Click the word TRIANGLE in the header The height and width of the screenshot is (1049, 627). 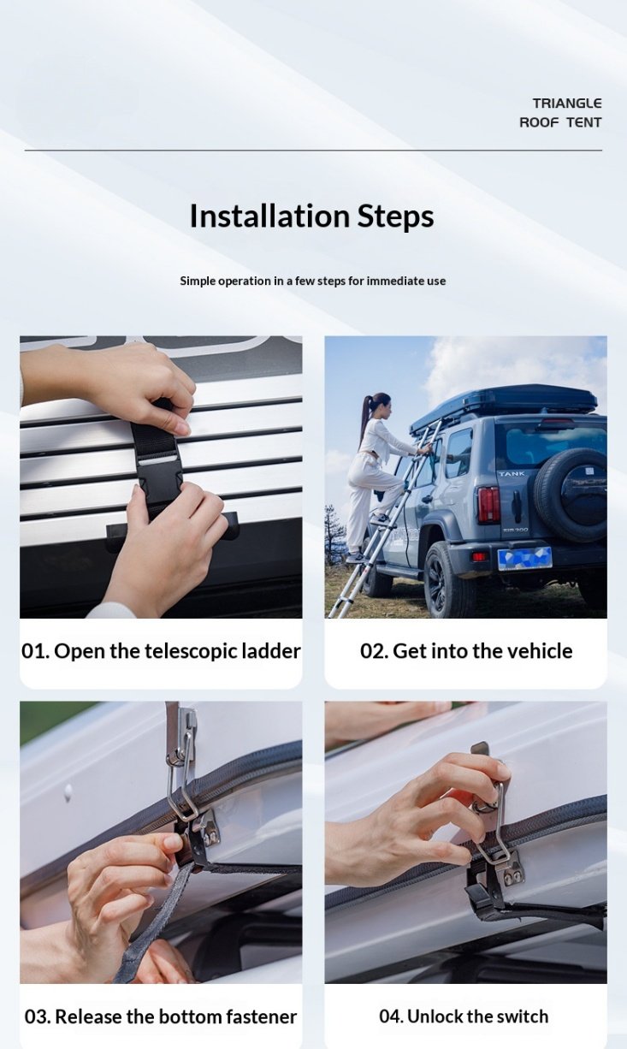coord(566,103)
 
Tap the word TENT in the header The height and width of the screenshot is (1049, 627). coord(584,122)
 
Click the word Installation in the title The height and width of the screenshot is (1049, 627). coord(269,216)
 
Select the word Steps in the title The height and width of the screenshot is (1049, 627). coord(395,217)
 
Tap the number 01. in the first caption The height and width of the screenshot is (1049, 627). coord(36,651)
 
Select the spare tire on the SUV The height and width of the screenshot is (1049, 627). coord(571,495)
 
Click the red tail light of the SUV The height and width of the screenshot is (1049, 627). coord(488,504)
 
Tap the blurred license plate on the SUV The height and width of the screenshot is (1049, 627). coord(524,559)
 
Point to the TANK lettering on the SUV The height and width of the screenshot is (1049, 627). coord(512,474)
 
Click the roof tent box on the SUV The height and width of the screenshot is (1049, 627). coord(503,404)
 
